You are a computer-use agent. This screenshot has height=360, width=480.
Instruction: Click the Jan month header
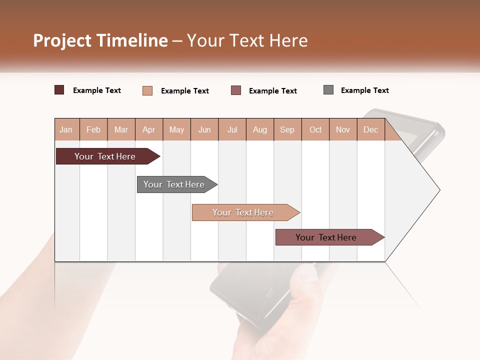click(x=66, y=130)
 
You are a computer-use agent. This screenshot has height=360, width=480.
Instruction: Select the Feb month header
click(x=93, y=130)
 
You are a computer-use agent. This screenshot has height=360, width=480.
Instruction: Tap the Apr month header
click(x=149, y=130)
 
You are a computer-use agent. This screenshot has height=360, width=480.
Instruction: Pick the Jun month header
click(x=204, y=130)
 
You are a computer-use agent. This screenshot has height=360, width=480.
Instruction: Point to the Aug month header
click(x=260, y=130)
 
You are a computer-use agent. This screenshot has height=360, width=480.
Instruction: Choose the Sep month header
click(x=287, y=130)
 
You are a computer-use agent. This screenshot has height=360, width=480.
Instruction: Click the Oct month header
click(x=315, y=130)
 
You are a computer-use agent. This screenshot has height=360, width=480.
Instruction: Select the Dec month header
click(x=371, y=130)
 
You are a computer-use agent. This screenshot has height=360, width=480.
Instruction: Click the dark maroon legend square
click(x=59, y=90)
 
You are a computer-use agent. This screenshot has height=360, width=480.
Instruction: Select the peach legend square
click(x=147, y=90)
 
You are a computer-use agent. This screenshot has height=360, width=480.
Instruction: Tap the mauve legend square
click(x=236, y=90)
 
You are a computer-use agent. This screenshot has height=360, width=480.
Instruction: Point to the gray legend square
click(x=328, y=90)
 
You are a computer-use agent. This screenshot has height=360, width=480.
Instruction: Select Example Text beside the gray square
click(x=364, y=90)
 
